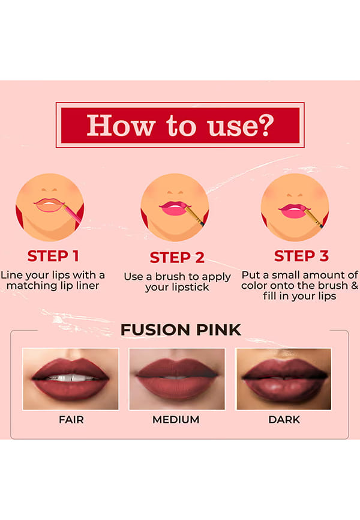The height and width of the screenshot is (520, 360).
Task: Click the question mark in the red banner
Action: [x=265, y=125]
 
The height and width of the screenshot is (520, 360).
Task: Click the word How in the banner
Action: [x=121, y=125]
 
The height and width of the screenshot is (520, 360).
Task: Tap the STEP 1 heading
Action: [x=53, y=256]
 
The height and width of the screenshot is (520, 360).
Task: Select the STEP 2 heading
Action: [x=177, y=258]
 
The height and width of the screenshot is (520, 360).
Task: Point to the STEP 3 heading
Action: [x=301, y=256]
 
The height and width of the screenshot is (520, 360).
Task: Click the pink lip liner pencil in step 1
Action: [x=73, y=214]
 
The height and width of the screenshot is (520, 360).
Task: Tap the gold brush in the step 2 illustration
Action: [x=194, y=216]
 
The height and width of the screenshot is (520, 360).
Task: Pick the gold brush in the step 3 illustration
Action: [x=314, y=217]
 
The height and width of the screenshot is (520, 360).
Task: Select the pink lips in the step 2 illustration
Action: [x=173, y=208]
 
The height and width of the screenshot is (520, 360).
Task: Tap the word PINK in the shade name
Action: [x=218, y=330]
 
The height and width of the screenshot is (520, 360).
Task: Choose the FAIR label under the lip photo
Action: [x=71, y=420]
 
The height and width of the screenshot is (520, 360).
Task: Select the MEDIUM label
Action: [x=176, y=420]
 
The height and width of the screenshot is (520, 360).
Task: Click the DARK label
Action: [x=284, y=420]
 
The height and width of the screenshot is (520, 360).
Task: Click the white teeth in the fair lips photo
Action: [x=71, y=378]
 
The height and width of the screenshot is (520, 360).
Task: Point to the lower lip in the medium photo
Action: [x=176, y=388]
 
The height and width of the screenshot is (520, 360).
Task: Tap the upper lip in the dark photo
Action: [x=284, y=368]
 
